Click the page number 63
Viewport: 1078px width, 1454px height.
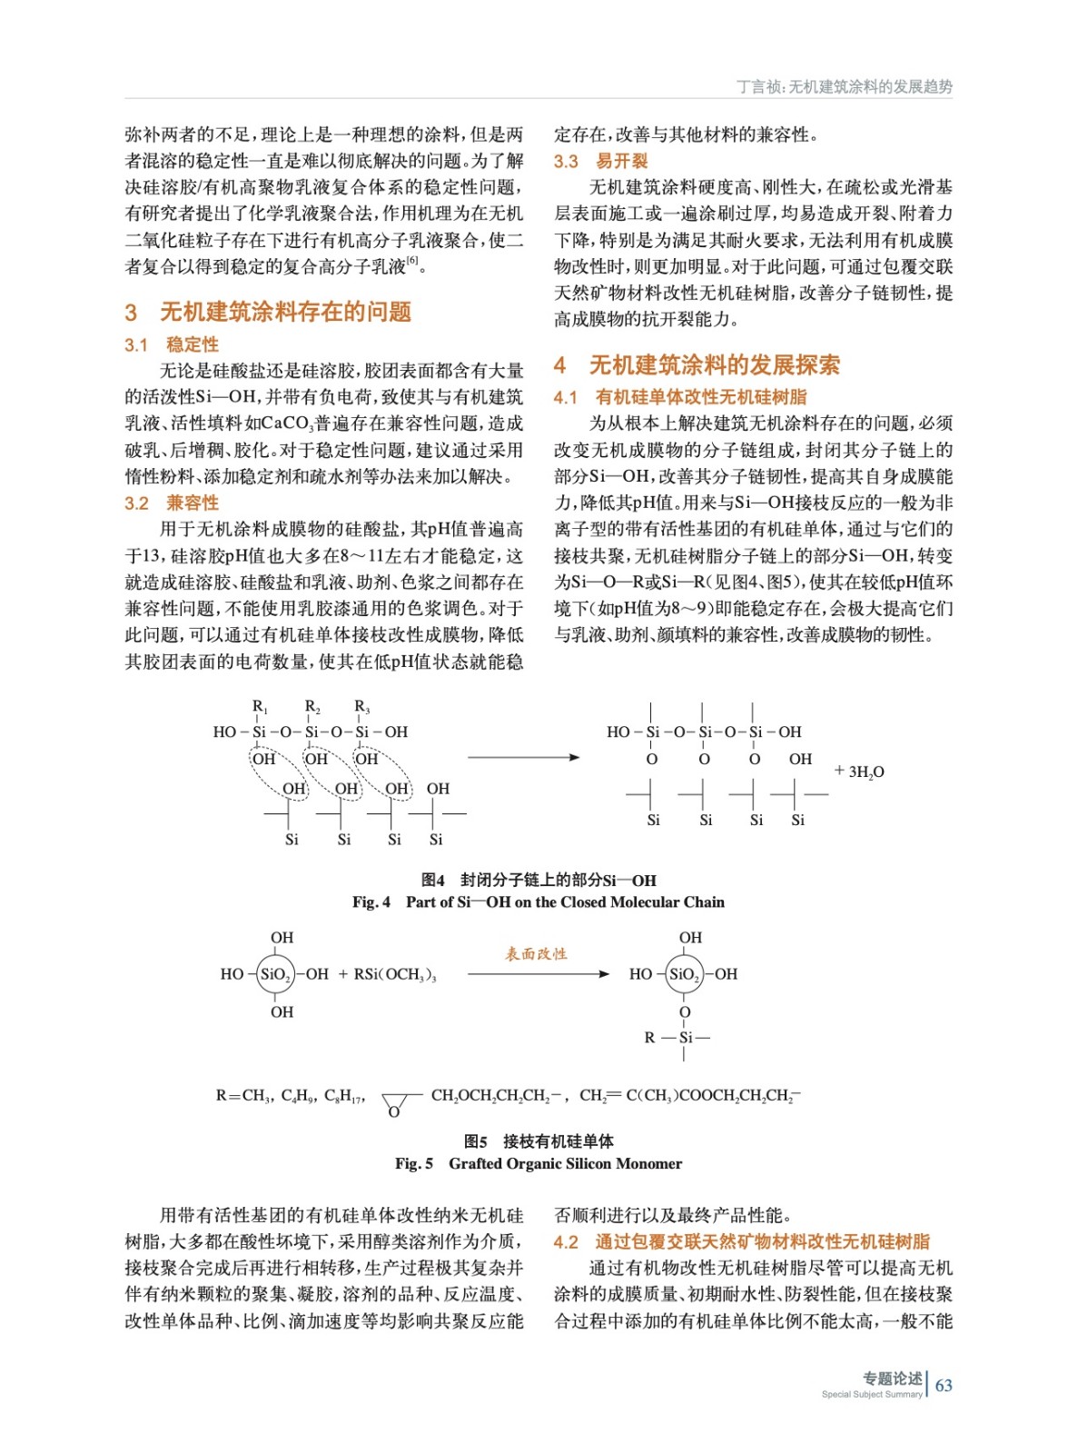click(944, 1385)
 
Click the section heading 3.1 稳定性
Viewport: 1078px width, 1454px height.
click(172, 344)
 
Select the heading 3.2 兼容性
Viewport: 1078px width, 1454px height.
click(172, 503)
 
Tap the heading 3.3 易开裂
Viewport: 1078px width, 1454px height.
click(600, 161)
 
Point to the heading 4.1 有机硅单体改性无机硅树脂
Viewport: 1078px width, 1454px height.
click(680, 397)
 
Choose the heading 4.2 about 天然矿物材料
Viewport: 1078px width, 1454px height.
click(742, 1241)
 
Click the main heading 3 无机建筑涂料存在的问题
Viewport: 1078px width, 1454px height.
click(268, 312)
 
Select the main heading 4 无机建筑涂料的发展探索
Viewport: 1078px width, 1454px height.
click(697, 365)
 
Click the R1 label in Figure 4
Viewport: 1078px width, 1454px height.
click(260, 706)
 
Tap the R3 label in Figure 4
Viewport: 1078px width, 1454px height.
click(361, 706)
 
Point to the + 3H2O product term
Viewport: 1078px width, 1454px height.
click(858, 772)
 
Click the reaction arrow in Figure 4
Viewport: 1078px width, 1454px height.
click(523, 757)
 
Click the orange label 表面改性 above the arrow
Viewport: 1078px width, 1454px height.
click(536, 953)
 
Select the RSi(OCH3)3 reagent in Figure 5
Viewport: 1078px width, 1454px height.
click(395, 974)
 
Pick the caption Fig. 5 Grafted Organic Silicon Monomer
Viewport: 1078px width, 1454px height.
click(539, 1163)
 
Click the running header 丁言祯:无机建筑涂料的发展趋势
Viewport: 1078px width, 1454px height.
click(845, 86)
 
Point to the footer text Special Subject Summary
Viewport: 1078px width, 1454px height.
click(871, 1394)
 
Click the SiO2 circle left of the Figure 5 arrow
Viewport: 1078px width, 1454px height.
click(274, 974)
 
